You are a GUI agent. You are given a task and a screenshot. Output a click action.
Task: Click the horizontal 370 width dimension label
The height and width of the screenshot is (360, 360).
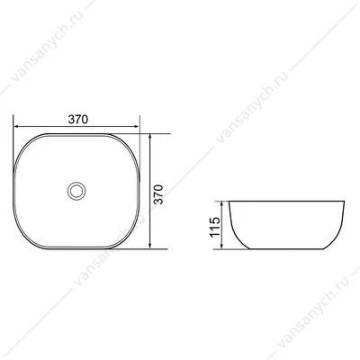(78, 120)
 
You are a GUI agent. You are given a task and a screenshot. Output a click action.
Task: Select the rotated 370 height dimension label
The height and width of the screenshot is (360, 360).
(158, 194)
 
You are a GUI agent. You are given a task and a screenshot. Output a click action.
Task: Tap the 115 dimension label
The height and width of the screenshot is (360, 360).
(215, 227)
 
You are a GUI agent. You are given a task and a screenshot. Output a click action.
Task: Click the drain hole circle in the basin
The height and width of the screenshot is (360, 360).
(76, 191)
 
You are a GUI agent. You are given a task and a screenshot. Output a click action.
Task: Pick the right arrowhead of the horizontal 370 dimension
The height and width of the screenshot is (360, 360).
(136, 126)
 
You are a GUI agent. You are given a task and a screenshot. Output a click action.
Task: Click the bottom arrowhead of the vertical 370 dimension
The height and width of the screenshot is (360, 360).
(150, 245)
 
